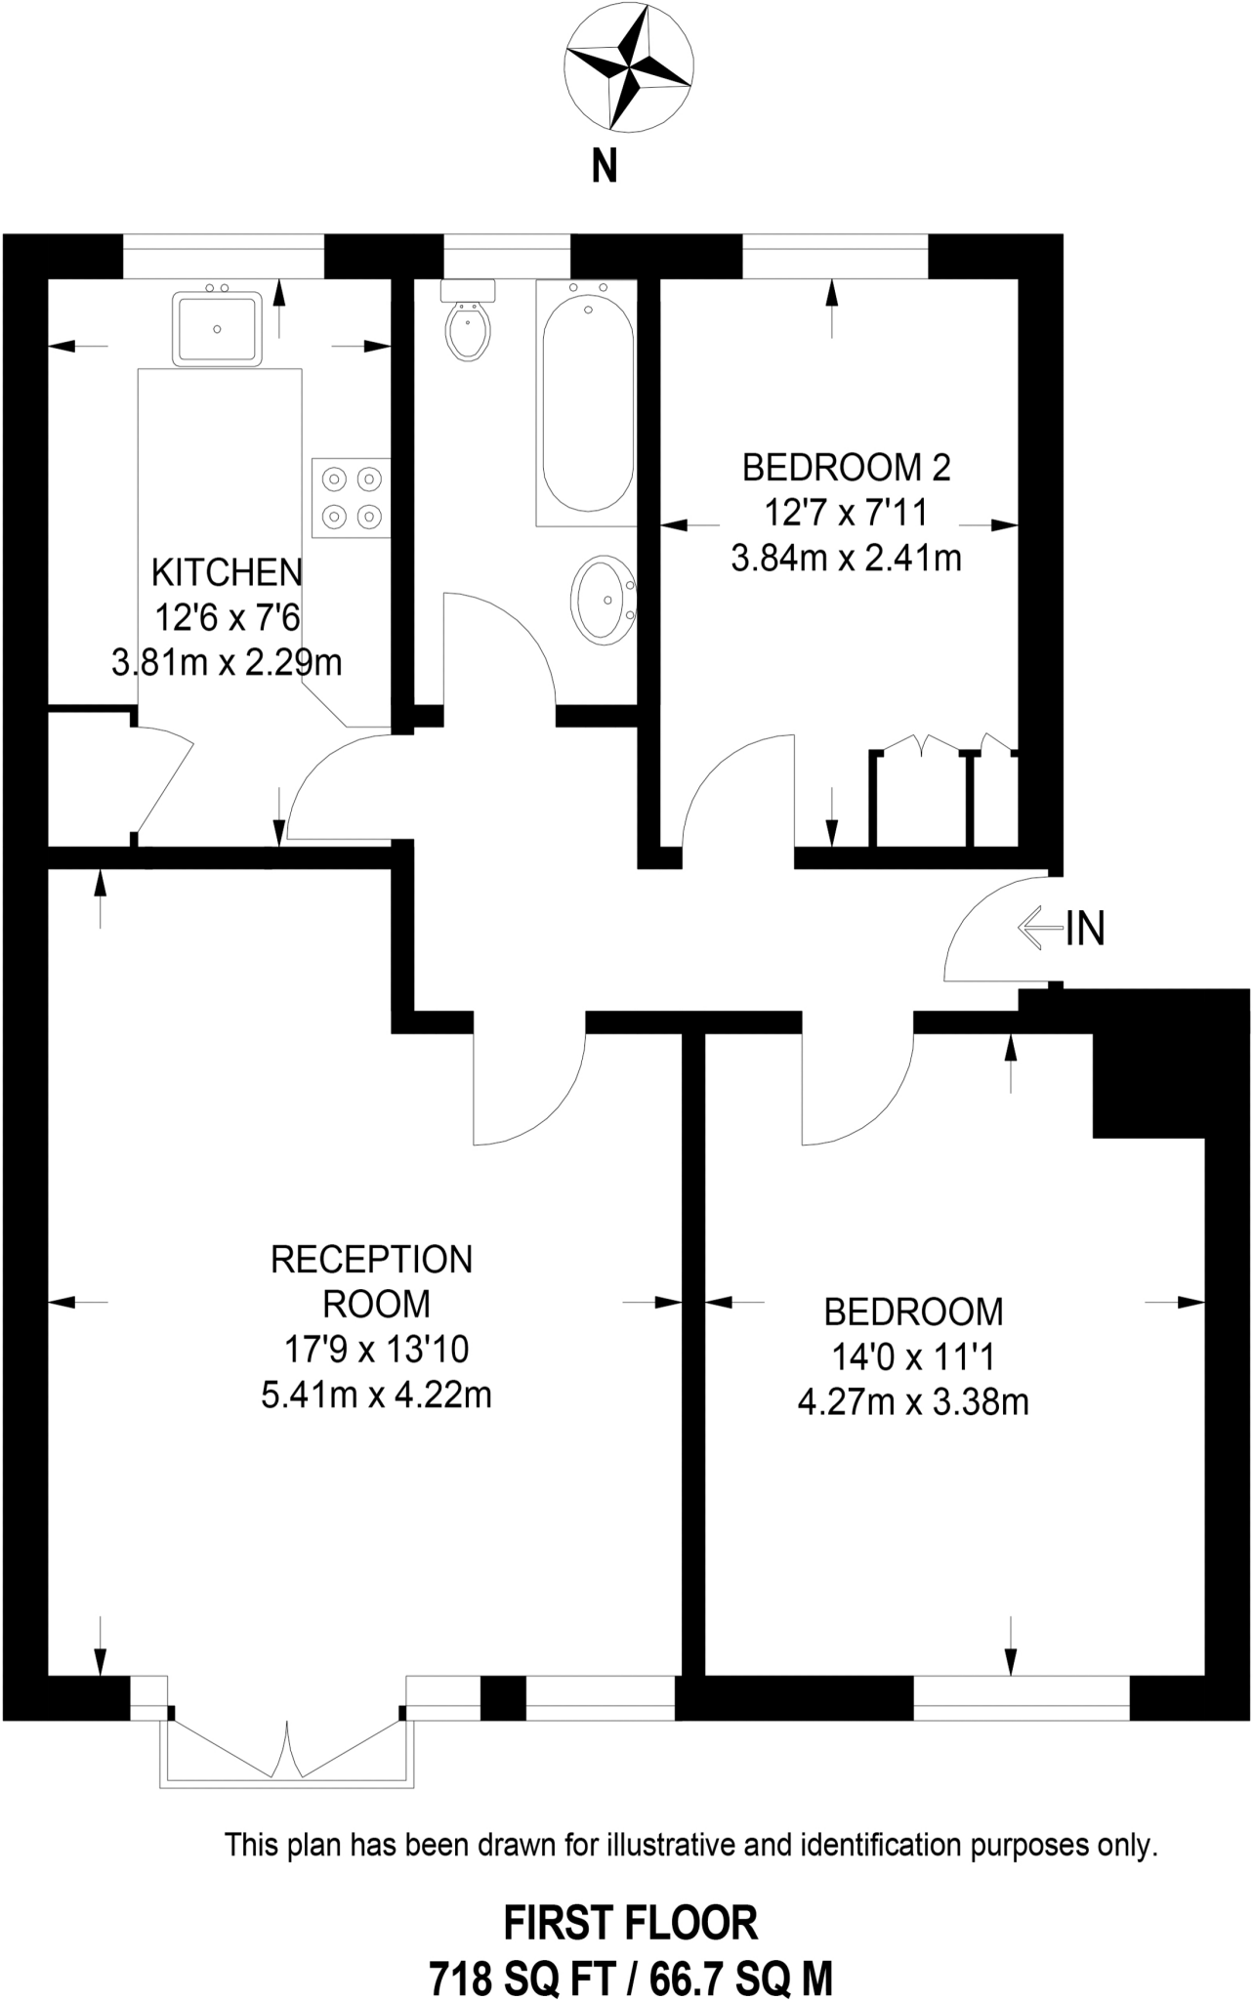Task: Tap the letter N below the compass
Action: point(605,166)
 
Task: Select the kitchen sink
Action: point(217,327)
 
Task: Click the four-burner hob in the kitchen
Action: point(351,497)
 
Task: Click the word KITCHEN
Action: point(227,571)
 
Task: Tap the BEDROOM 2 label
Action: point(846,468)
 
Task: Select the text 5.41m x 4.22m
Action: point(376,1395)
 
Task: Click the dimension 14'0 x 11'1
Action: point(913,1356)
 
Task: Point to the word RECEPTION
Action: point(371,1260)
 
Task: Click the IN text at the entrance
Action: point(1085,929)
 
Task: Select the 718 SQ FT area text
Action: point(522,1979)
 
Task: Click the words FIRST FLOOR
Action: point(631,1924)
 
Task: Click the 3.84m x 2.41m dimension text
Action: point(846,559)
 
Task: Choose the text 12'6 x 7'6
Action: point(227,617)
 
